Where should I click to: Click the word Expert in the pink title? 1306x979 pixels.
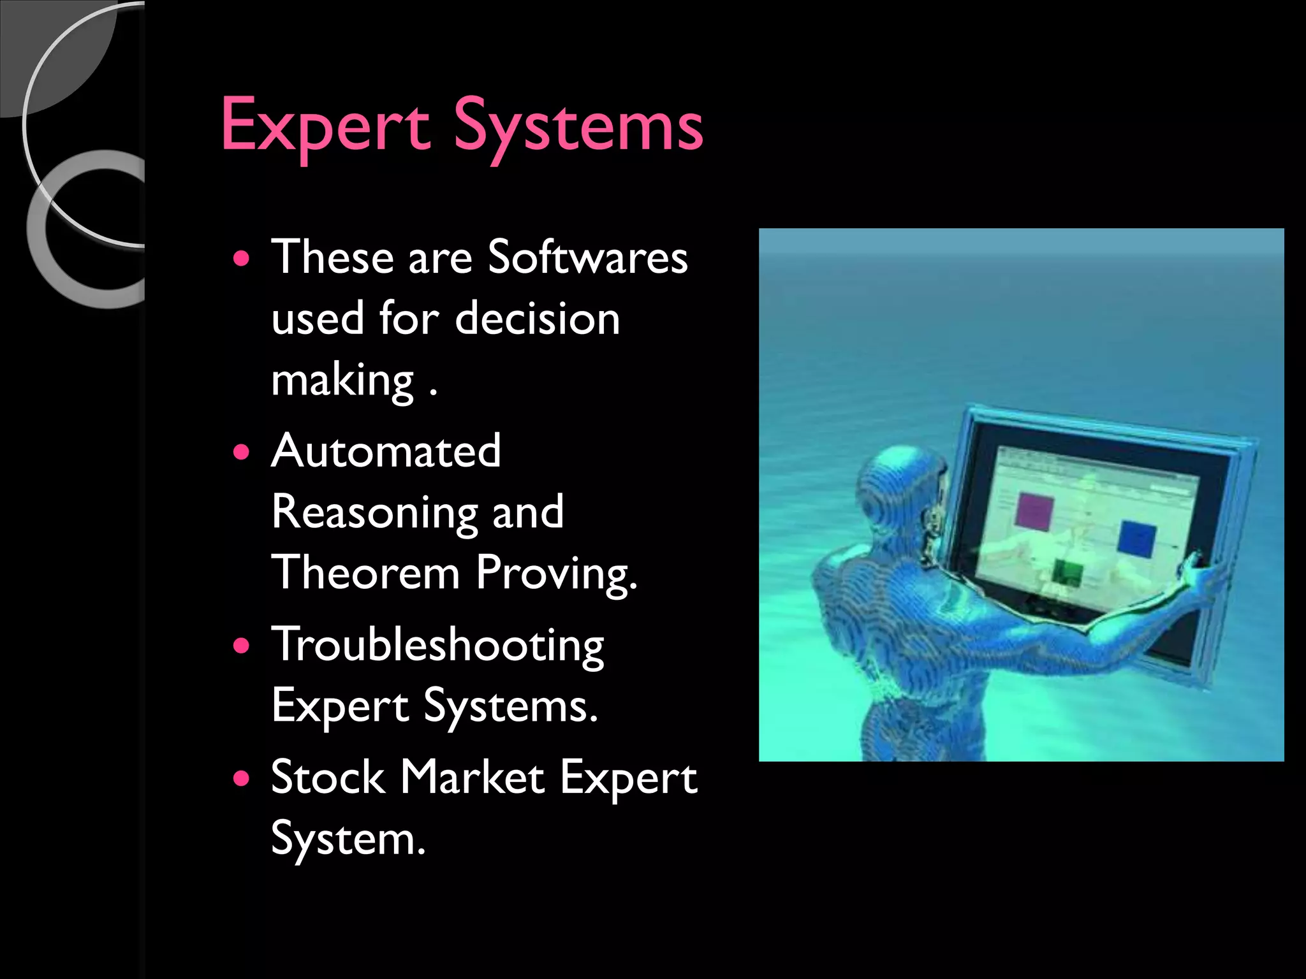325,126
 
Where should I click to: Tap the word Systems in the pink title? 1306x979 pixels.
578,126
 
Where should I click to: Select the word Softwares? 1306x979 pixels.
587,257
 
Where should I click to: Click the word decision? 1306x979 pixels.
537,318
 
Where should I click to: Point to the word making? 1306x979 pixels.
342,381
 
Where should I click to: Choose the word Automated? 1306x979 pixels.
386,451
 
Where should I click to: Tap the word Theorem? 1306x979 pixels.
365,572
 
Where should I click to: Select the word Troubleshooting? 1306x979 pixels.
437,646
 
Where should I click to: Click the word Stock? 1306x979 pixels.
328,778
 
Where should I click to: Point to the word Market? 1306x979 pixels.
473,778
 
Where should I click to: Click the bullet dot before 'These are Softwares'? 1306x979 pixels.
241,259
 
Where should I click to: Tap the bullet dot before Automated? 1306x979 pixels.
241,453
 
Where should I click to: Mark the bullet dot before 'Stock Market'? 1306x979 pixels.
241,779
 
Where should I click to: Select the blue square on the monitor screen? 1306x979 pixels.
1137,539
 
